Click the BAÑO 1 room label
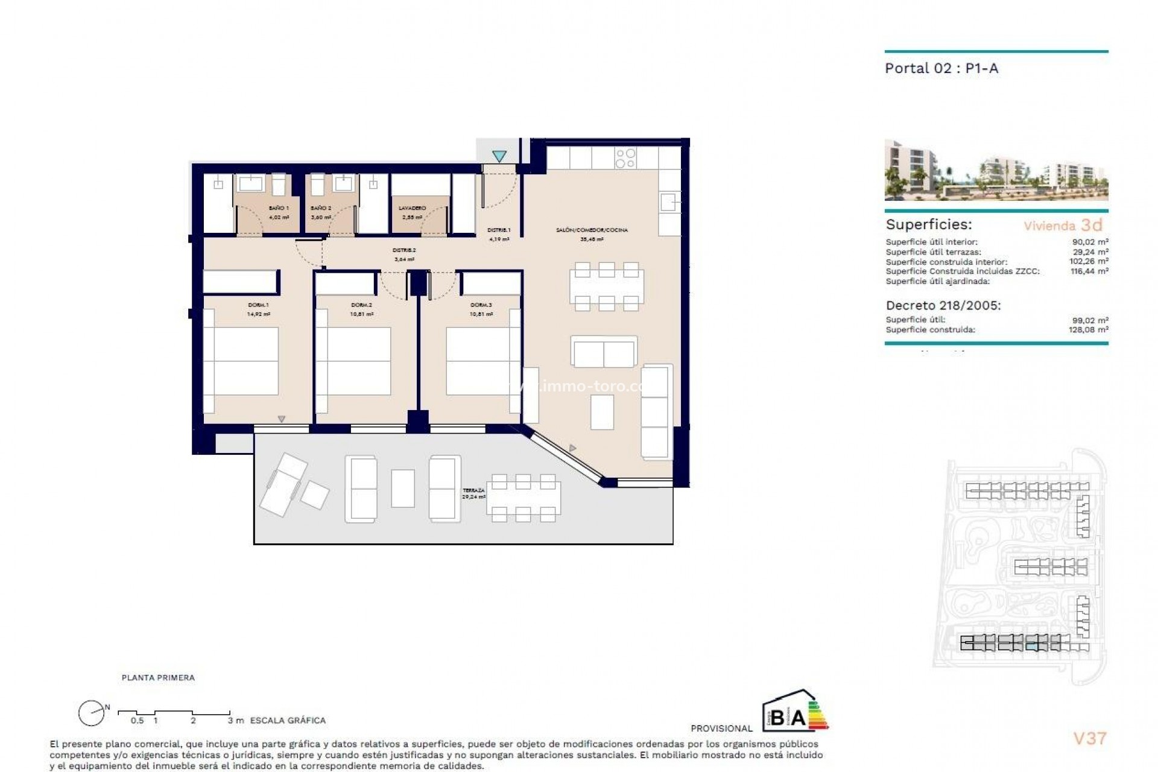click(x=279, y=208)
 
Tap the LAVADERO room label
click(x=413, y=208)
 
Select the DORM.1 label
click(x=258, y=305)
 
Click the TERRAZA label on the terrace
click(x=474, y=491)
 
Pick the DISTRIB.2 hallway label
click(x=404, y=250)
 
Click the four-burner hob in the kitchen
click(x=625, y=158)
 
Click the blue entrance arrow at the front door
click(x=499, y=156)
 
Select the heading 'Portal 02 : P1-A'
click(x=941, y=68)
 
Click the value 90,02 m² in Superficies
click(x=1094, y=242)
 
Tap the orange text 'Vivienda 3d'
click(x=1063, y=226)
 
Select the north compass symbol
click(x=92, y=713)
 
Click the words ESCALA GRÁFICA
click(x=288, y=720)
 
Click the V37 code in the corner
click(x=1090, y=738)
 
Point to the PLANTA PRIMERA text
click(x=158, y=678)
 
